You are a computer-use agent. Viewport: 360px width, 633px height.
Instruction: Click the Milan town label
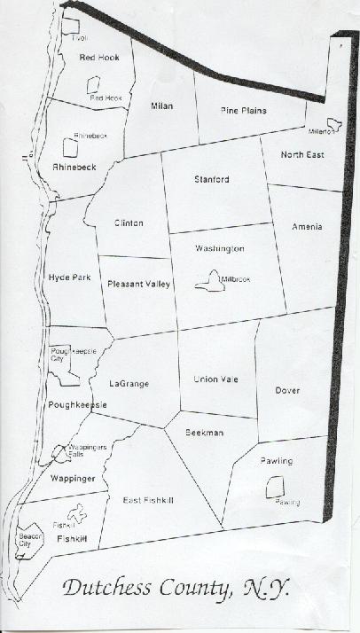tap(160, 106)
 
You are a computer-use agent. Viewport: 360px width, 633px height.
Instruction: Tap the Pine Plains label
tap(243, 111)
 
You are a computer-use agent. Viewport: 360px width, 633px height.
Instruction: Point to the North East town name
tap(302, 155)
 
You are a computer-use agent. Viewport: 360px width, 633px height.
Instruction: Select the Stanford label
tap(211, 180)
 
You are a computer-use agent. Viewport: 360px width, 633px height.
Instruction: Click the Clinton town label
tap(128, 223)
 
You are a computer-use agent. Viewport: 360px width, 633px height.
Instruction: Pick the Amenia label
tap(307, 227)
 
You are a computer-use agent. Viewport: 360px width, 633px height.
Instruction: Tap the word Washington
tap(220, 250)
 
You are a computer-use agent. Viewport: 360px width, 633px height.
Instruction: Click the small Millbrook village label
tap(236, 279)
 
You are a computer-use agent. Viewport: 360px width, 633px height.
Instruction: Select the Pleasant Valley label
tap(138, 285)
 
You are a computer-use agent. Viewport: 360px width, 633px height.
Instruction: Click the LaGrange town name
tap(129, 384)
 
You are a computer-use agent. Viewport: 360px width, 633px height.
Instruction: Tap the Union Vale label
tap(216, 379)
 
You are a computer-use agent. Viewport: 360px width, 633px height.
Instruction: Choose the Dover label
tap(287, 390)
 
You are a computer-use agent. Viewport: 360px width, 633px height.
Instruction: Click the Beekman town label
tap(205, 432)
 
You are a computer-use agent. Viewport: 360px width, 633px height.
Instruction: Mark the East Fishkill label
tap(147, 501)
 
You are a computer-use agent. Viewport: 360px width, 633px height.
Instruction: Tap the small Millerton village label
tap(322, 131)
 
